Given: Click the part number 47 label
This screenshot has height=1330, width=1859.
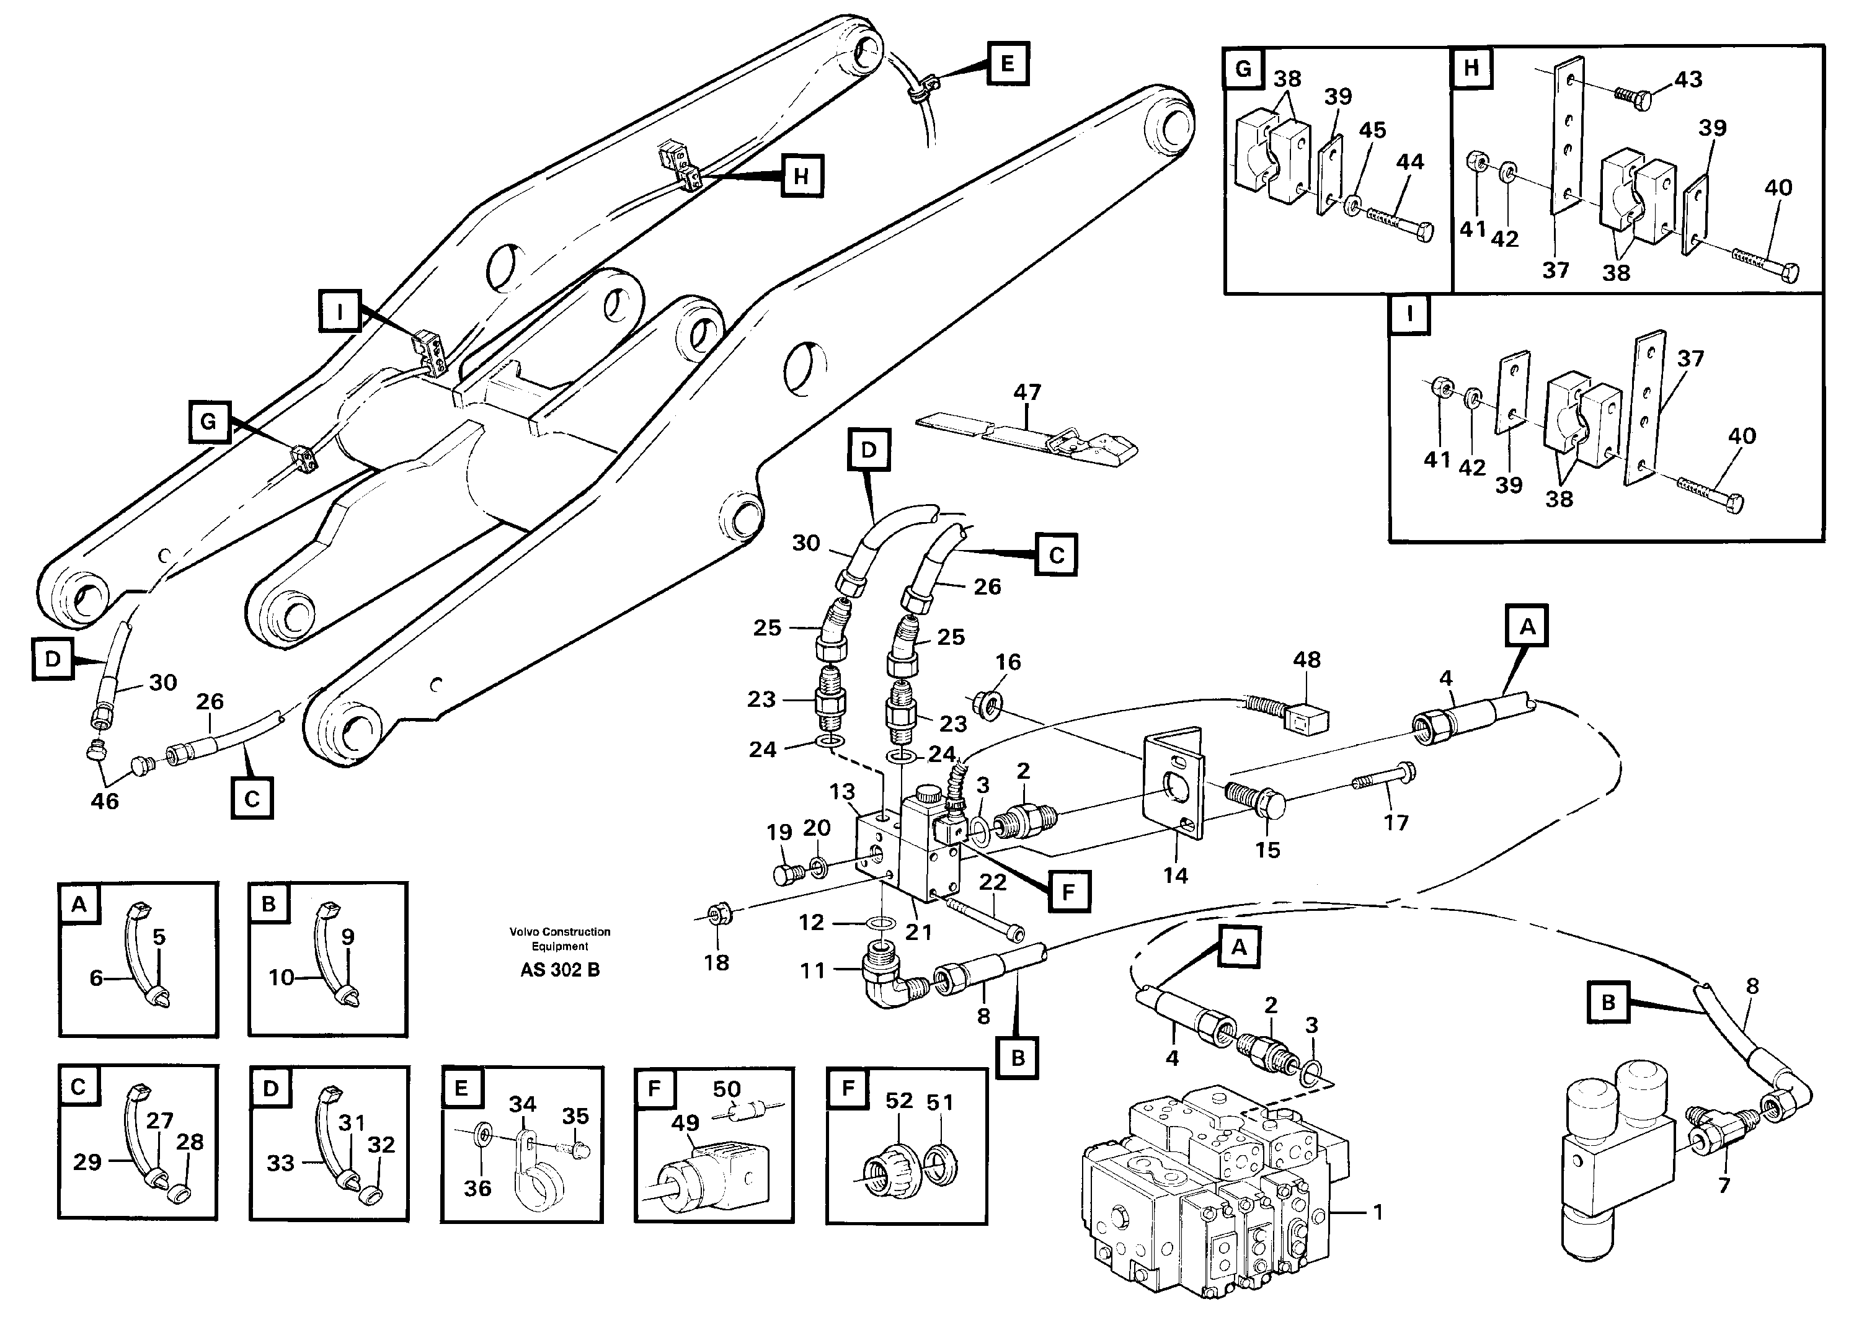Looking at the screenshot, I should point(1027,392).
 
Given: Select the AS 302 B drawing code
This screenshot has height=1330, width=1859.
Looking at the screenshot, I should point(559,970).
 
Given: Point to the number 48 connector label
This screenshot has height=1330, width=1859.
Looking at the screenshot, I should point(1307,660).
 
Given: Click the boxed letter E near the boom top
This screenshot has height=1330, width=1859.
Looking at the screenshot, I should point(1006,63).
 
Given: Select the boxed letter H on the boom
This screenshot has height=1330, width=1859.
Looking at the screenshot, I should point(801,176).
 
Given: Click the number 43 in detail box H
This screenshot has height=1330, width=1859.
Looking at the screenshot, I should point(1688,79).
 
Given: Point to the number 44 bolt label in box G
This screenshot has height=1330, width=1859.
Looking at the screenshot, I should point(1409,162).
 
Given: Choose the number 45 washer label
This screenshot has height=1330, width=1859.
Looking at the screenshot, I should point(1373,130).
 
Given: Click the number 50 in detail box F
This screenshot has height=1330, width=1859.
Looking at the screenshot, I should point(726,1089).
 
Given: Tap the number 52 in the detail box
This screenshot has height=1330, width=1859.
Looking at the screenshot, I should point(898,1101).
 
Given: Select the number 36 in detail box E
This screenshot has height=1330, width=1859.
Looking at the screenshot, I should point(477,1187).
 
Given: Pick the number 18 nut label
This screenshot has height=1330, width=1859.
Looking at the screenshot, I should point(717,963).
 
